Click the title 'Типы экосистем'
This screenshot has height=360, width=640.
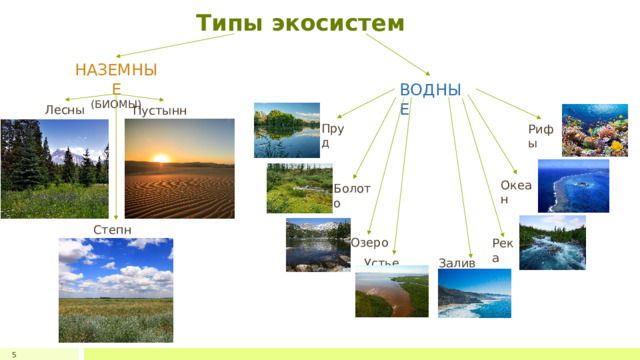pos(300,23)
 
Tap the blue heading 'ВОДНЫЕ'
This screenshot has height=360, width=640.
pos(429,98)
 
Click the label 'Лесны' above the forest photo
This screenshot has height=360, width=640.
pos(65,110)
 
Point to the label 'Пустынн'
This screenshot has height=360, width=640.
pos(159,110)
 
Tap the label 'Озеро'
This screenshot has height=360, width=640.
pos(369,243)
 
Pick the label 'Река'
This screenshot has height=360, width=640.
pos(502,250)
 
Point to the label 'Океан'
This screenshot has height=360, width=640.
pos(517,191)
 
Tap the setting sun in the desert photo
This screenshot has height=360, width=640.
pos(160,157)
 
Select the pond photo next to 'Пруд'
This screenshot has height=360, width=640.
pos(286,130)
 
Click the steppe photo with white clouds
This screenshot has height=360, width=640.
pos(115,290)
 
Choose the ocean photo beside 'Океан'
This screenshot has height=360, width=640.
pos(573,185)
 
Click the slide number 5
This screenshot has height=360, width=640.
pos(14,354)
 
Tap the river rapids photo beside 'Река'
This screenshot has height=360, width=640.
pos(552,242)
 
